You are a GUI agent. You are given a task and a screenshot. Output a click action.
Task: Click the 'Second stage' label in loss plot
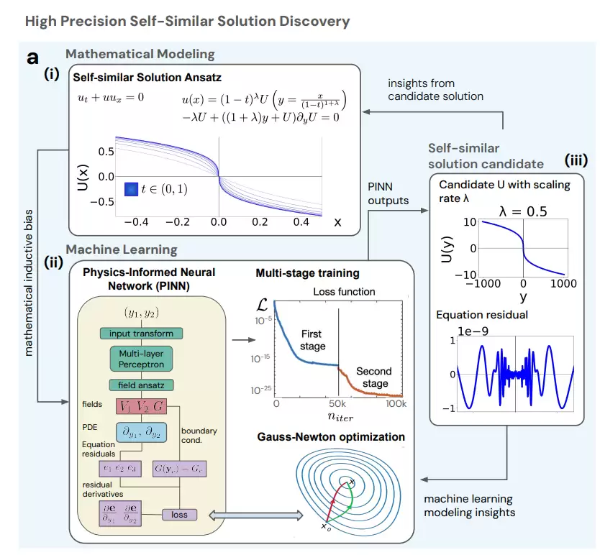(x=374, y=377)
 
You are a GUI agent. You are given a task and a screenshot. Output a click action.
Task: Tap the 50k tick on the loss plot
(x=337, y=405)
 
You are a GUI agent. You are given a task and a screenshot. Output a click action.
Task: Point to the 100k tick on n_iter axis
(x=394, y=405)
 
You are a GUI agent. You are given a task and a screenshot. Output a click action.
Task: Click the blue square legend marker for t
(x=131, y=190)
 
